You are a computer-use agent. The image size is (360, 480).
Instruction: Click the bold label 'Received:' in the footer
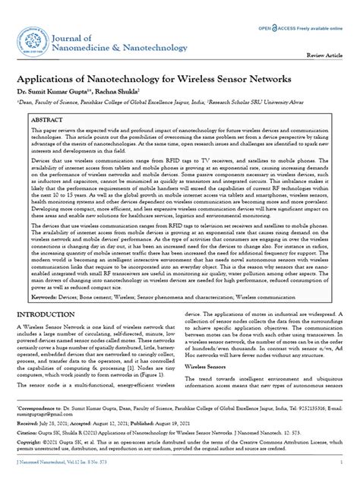pos(31,422)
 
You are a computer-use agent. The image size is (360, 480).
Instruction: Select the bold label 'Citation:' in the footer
pos(30,432)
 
